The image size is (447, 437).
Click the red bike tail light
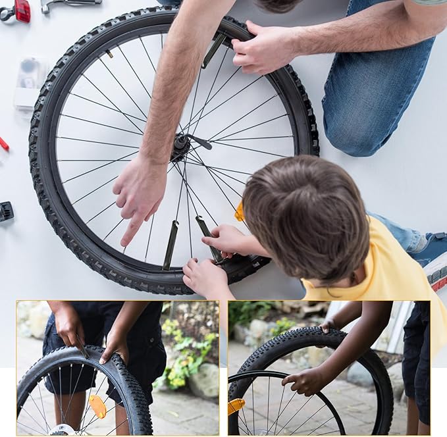[22, 10]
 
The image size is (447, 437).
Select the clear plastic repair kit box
[30, 82]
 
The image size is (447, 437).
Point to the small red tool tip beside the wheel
[3, 143]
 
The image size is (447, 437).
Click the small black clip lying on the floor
[6, 211]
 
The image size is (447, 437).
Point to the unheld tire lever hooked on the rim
[171, 245]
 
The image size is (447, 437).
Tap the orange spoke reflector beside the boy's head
[240, 212]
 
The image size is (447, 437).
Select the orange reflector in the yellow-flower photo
[98, 406]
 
